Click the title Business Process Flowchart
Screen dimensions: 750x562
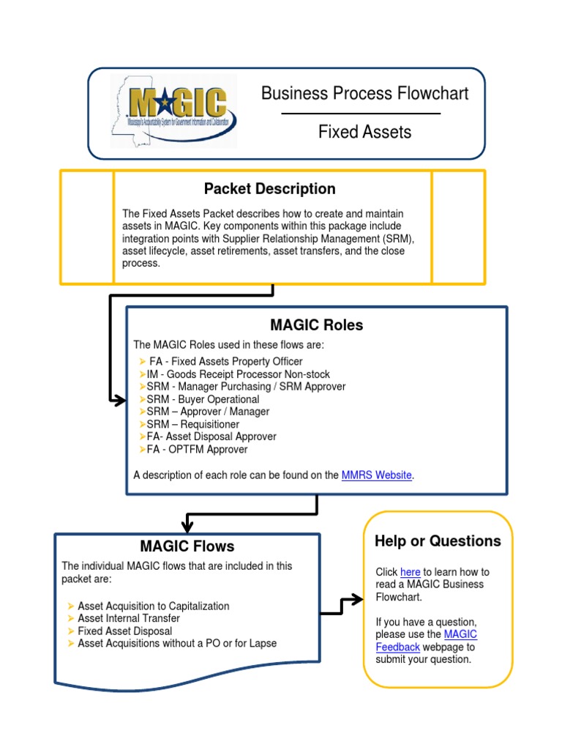[x=364, y=94]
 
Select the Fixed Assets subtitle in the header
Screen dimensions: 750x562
[x=364, y=132]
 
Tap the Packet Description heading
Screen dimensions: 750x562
[x=269, y=189]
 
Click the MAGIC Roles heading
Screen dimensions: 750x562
[x=316, y=324]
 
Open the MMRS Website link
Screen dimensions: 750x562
[x=376, y=475]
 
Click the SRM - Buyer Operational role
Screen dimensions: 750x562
[x=203, y=399]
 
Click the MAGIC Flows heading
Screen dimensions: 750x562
[x=187, y=546]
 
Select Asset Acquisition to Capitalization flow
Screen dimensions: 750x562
[x=153, y=606]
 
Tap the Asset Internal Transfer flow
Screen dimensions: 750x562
[x=129, y=618]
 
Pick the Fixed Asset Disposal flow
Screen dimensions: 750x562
[x=124, y=631]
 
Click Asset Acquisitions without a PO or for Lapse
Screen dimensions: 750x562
[x=177, y=643]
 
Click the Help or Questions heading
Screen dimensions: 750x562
[x=438, y=541]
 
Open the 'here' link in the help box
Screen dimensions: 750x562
[x=410, y=572]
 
